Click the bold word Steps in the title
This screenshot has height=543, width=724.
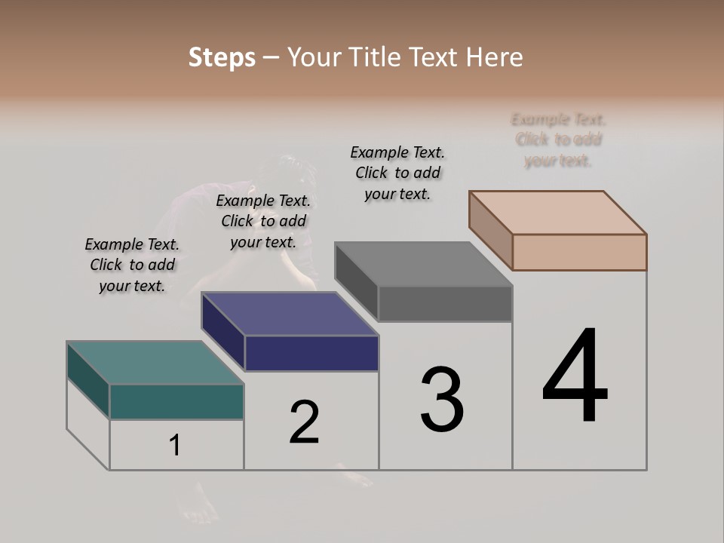coord(222,57)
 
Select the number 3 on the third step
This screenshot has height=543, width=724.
coord(442,399)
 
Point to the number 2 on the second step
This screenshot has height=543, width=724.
coord(304,422)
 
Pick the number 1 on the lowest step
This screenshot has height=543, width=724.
coord(174,446)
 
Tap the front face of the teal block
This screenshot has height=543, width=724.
coord(176,402)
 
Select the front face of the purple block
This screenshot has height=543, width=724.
coord(311,353)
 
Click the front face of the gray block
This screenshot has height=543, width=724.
coord(445,304)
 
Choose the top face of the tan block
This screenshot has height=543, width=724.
coord(557,213)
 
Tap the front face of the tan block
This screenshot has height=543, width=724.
coord(579,252)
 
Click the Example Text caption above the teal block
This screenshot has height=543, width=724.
coord(132,265)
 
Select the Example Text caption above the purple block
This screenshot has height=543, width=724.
coord(263,221)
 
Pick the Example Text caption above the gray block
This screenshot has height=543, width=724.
coord(397,173)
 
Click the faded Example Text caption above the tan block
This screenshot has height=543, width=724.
coord(558,140)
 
